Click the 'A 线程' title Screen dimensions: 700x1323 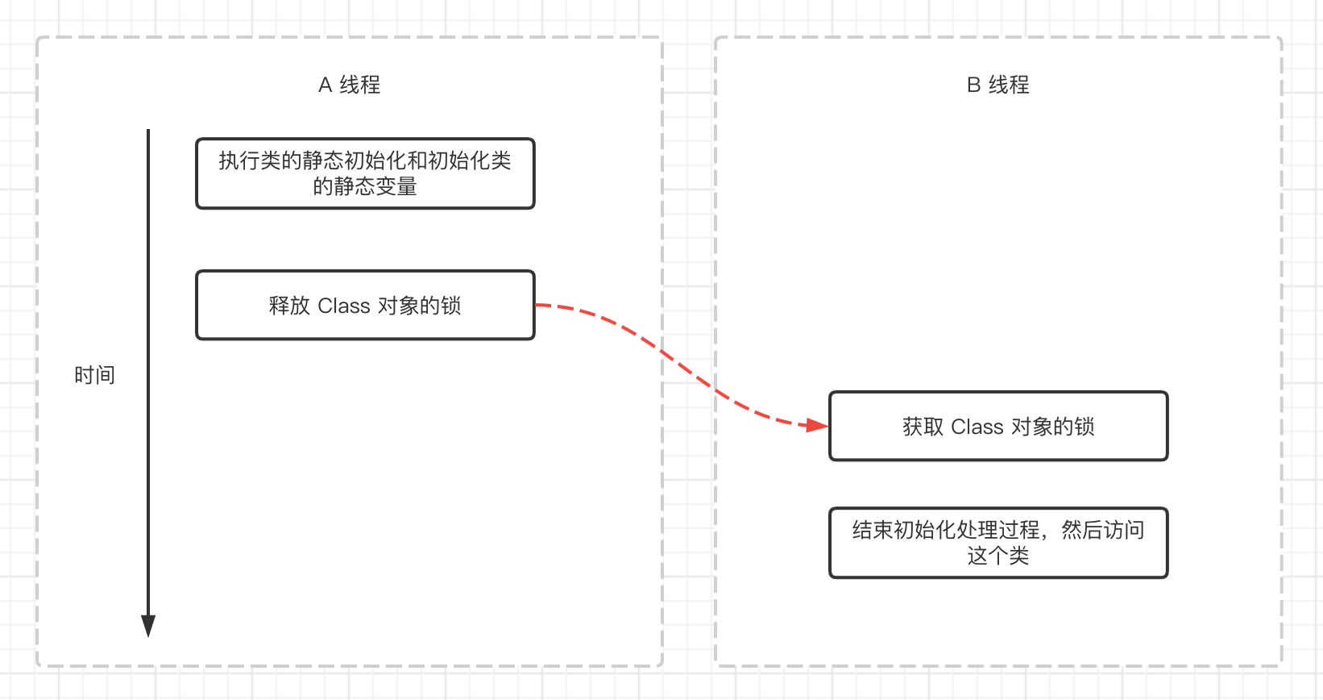[x=349, y=85]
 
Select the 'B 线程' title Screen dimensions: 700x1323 [x=997, y=85]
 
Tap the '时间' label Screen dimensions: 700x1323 [x=94, y=375]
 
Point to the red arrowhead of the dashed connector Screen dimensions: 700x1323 [x=818, y=425]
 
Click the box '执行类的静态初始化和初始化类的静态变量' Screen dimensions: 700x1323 [x=365, y=173]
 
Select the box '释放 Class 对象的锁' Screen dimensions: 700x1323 [x=365, y=305]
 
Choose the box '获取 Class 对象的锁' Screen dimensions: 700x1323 [x=998, y=426]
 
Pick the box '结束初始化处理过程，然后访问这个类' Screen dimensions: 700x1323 [x=998, y=543]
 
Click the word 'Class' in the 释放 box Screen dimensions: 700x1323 [x=344, y=306]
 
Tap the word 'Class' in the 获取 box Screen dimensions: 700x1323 [x=977, y=427]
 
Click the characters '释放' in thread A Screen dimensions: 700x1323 [x=289, y=306]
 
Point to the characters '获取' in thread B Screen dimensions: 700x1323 [x=923, y=427]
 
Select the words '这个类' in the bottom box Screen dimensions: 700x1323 [x=998, y=556]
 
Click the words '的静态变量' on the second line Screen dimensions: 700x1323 [x=365, y=186]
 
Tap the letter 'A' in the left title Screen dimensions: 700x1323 [x=326, y=85]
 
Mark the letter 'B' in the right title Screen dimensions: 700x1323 [x=973, y=85]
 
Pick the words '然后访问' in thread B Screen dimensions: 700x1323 [x=1103, y=530]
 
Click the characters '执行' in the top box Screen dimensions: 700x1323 [x=239, y=160]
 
